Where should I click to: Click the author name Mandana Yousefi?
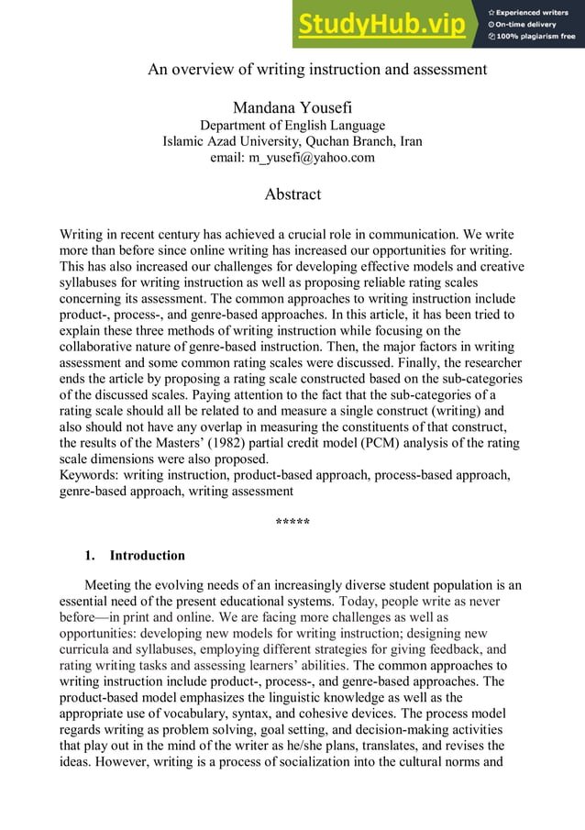(x=292, y=108)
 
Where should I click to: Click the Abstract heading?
(x=292, y=194)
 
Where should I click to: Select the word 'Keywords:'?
(x=89, y=475)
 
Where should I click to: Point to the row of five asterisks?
(x=292, y=525)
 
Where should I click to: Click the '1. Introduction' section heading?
(x=135, y=555)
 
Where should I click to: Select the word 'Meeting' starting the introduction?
(x=108, y=585)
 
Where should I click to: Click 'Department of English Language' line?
(x=292, y=126)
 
